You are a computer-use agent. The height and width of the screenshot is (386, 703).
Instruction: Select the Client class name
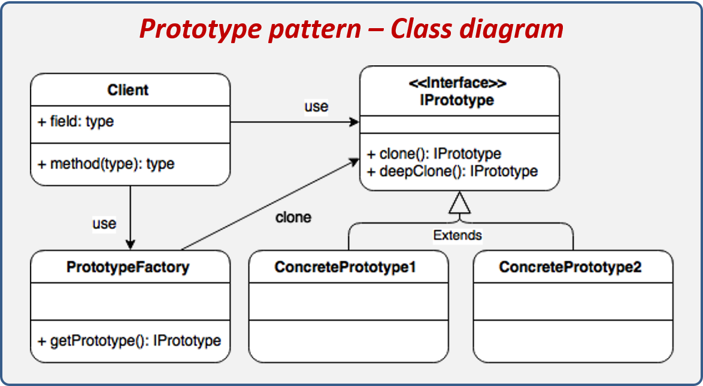[x=128, y=90]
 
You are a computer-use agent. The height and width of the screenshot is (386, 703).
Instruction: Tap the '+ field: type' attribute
[x=76, y=122]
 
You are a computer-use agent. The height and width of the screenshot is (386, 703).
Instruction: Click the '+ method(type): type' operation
[x=106, y=164]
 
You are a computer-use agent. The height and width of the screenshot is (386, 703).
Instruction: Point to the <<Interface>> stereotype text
[x=459, y=83]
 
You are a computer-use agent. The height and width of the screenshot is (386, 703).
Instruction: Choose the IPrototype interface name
[x=459, y=99]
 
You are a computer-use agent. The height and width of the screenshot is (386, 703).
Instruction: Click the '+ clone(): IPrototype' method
[x=434, y=154]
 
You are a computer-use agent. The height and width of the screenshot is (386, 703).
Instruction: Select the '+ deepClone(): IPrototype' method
[x=452, y=171]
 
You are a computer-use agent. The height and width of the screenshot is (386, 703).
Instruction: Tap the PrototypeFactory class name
[x=128, y=267]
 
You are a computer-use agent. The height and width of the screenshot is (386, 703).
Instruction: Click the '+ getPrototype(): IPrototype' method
[x=129, y=341]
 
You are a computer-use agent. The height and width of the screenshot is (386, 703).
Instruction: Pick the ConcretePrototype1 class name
[x=345, y=267]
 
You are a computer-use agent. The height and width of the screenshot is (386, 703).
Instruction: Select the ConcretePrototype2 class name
[x=570, y=267]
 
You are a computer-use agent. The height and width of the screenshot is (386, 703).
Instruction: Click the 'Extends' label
[x=457, y=235]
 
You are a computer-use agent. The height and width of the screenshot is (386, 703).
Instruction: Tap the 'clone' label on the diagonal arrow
[x=293, y=217]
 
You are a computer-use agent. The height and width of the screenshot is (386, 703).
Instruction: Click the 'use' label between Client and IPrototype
[x=316, y=106]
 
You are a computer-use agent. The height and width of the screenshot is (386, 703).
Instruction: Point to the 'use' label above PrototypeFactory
[x=104, y=224]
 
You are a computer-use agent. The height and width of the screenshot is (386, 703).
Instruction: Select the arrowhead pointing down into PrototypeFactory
[x=130, y=244]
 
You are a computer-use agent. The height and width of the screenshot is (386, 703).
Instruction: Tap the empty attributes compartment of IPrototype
[x=459, y=125]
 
